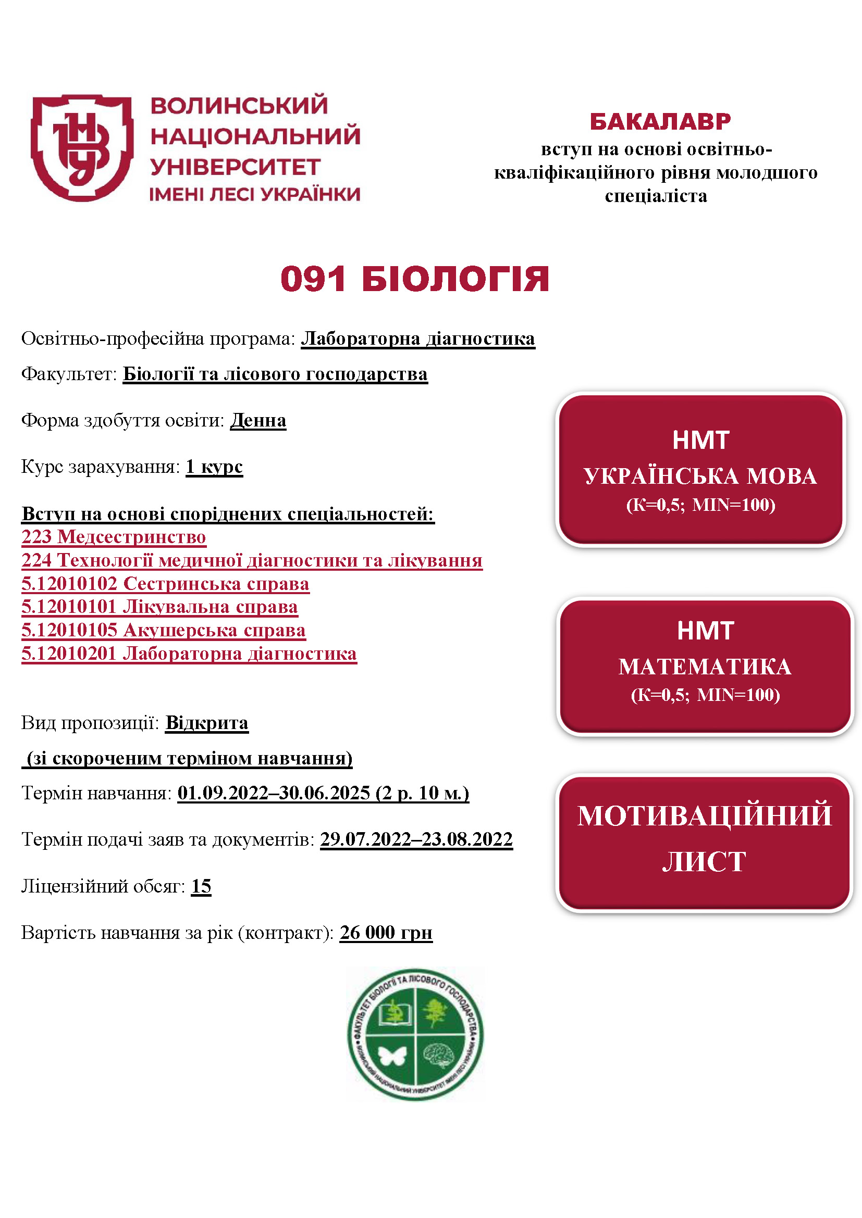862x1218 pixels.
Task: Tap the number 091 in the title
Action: pos(313,279)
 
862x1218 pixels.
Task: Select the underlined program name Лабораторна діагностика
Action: pos(418,338)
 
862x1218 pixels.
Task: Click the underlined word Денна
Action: pos(258,420)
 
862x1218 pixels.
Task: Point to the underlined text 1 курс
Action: pos(214,466)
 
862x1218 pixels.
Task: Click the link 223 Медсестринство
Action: pos(114,537)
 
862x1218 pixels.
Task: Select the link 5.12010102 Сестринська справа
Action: pos(165,584)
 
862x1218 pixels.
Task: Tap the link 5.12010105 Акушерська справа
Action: pos(164,630)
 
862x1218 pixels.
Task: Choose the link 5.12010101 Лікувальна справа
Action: pos(160,607)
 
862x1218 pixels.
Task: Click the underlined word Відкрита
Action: pos(206,723)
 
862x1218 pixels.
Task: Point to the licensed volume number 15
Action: pos(201,886)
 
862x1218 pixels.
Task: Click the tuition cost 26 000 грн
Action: pos(386,932)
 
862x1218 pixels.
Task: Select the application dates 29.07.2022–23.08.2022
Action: pos(416,839)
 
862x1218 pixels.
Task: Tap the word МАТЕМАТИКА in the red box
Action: pos(705,667)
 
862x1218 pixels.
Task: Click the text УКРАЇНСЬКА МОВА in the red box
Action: pos(700,476)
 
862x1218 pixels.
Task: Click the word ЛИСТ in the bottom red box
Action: pos(704,861)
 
